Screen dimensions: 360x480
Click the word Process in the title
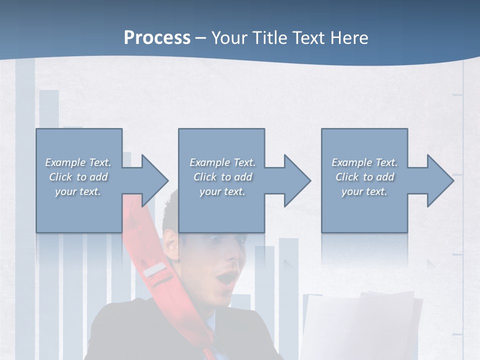pos(157,37)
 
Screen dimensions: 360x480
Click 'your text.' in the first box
pos(78,191)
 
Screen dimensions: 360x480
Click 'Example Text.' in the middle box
pos(222,162)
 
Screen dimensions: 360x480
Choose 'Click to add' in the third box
pos(365,177)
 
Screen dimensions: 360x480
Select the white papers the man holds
pos(360,325)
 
